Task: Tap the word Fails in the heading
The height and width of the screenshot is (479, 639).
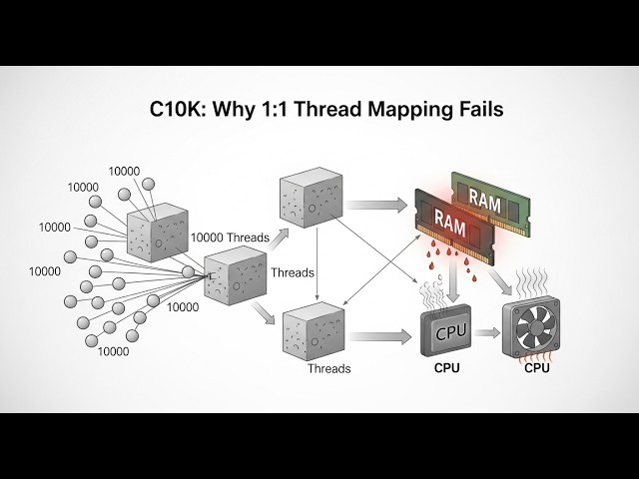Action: [476, 108]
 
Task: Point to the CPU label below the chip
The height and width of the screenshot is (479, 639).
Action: [447, 368]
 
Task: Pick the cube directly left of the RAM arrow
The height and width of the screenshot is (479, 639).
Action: [311, 196]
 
